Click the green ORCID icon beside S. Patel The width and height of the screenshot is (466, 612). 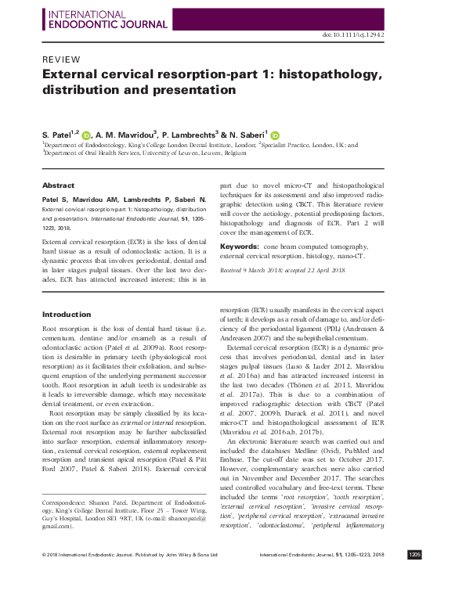(x=86, y=134)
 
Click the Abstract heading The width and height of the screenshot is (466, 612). (x=58, y=185)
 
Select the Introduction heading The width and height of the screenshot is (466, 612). (x=67, y=315)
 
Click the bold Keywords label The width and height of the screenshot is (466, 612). (x=240, y=246)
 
